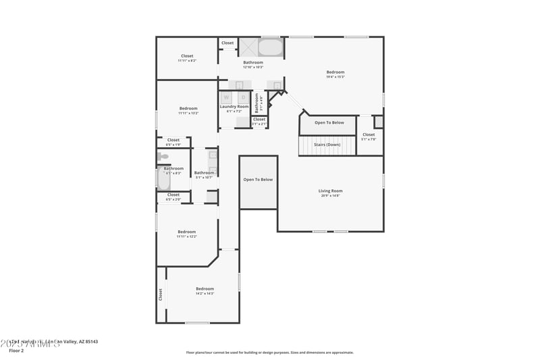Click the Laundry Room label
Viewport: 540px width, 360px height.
[x=234, y=107]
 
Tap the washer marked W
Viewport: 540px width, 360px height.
[x=226, y=98]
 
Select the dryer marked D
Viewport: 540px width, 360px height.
[x=243, y=98]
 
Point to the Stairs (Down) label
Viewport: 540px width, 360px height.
[x=327, y=145]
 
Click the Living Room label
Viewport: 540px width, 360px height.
[x=330, y=191]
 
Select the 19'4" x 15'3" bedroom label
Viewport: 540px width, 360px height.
[x=335, y=72]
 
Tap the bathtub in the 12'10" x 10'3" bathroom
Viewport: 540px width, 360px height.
[x=271, y=47]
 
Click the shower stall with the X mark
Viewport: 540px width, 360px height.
[x=248, y=47]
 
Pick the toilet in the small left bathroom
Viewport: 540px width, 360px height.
[x=163, y=157]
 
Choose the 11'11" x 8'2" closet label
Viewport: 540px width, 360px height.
[x=187, y=56]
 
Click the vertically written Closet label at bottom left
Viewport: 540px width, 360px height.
[x=161, y=294]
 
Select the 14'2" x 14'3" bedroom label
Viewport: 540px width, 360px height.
[x=205, y=288]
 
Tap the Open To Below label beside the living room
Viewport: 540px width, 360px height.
[x=258, y=180]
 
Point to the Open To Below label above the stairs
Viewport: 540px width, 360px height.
[x=329, y=123]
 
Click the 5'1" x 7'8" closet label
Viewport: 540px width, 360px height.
[x=369, y=134]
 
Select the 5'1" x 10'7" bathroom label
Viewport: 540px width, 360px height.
[x=204, y=173]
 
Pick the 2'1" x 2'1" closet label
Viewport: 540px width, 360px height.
[x=259, y=120]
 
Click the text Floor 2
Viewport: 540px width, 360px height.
[x=16, y=351]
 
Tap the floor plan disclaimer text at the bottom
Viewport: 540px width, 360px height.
[x=269, y=353]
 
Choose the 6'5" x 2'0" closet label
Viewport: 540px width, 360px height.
[x=173, y=195]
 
